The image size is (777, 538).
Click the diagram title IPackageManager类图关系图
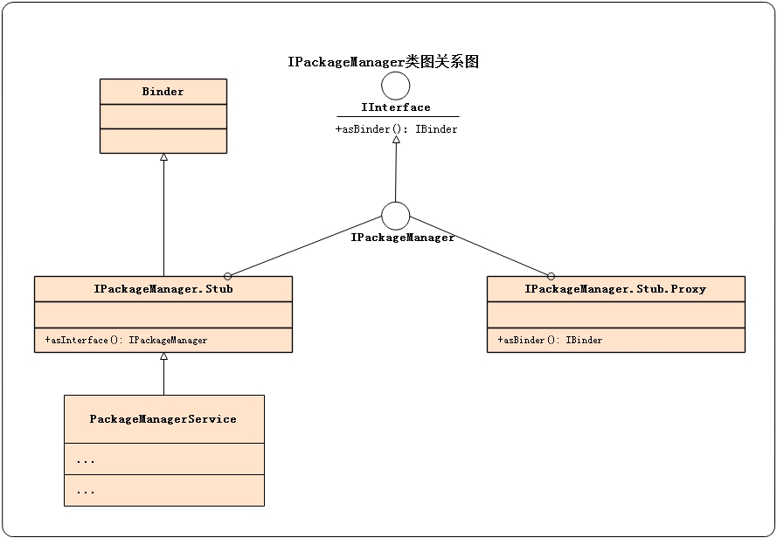click(383, 62)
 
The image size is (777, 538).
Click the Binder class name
click(163, 91)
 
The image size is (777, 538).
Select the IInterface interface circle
click(396, 86)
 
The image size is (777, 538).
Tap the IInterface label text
click(396, 107)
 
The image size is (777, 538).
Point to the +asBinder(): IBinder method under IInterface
click(396, 128)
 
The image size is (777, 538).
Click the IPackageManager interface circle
click(396, 216)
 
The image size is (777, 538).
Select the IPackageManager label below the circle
click(402, 238)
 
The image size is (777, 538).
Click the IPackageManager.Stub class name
click(163, 288)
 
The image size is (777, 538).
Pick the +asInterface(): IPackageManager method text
click(126, 340)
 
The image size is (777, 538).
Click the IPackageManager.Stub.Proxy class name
click(615, 288)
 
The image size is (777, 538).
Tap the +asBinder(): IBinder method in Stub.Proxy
click(550, 340)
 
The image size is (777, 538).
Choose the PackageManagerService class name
click(163, 419)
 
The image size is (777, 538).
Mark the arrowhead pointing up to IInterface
click(396, 140)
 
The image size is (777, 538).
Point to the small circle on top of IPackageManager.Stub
click(227, 276)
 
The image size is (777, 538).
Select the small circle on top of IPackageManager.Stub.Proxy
click(551, 276)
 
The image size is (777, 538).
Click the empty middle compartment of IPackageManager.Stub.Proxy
click(615, 314)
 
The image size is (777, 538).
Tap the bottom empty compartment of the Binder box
click(163, 141)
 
